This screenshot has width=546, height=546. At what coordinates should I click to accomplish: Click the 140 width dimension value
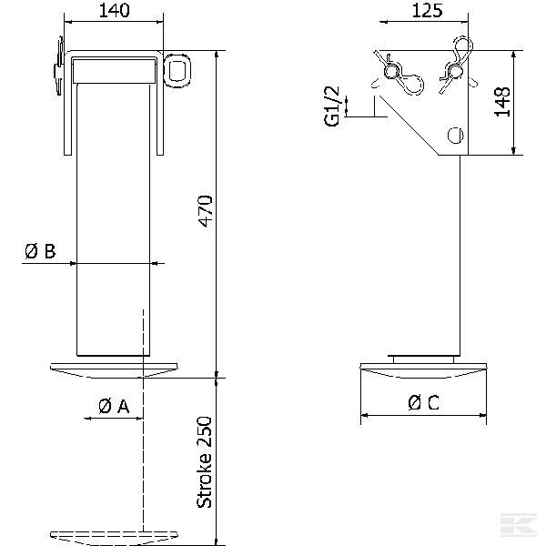pos(115,10)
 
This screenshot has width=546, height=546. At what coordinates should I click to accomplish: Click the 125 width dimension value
pos(428,10)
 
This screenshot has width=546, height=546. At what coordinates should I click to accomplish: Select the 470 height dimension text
pos(205,211)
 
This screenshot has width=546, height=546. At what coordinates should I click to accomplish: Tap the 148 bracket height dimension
pos(502,102)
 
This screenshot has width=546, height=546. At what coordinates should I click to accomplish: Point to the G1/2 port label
pos(331,106)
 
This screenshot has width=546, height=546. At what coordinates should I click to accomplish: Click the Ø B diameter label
pos(40,251)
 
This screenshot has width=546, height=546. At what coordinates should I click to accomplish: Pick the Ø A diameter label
pos(114,406)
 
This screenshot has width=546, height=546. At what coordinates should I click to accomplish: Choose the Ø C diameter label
pos(423,403)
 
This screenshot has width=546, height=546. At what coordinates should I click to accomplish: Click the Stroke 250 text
pos(205,462)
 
